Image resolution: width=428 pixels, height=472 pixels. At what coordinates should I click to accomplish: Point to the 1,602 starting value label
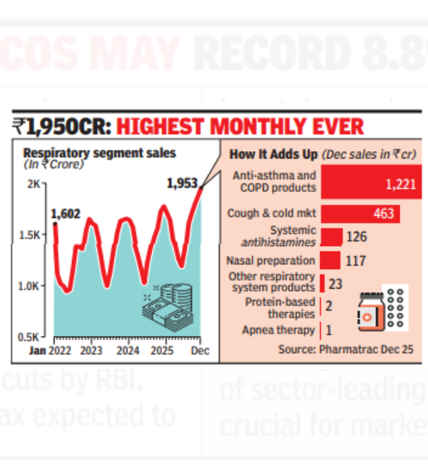click(65, 214)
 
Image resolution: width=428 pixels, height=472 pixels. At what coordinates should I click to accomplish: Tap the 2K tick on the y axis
click(34, 183)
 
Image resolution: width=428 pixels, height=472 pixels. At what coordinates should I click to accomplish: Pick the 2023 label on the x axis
click(91, 351)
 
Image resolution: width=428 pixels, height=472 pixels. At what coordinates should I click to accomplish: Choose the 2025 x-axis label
click(162, 351)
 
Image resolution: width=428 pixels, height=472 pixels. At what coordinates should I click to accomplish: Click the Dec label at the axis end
click(200, 351)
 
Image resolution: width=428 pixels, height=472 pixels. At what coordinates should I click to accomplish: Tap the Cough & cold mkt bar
click(360, 214)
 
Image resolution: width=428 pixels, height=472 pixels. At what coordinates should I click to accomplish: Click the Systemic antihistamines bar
click(331, 237)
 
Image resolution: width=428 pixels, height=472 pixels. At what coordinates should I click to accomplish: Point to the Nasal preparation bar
click(330, 260)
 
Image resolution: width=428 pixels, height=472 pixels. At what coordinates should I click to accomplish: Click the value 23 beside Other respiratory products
click(336, 284)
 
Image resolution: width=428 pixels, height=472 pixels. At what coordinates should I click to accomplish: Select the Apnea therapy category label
click(278, 330)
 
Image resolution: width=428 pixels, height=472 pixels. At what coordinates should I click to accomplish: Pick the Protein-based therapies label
click(280, 308)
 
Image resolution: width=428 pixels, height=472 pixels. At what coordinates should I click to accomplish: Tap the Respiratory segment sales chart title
click(99, 153)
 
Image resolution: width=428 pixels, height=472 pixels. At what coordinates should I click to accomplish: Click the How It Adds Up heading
click(274, 154)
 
